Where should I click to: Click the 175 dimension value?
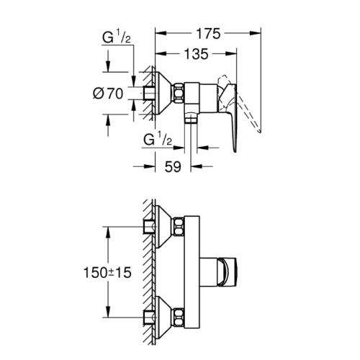coord(208,34)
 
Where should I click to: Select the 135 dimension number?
coord(197,54)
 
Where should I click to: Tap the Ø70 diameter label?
coord(108,94)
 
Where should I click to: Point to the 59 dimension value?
coord(173,166)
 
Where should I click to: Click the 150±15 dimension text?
coord(107,273)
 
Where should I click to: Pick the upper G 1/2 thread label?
coord(117,37)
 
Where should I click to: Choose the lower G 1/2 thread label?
coord(158,140)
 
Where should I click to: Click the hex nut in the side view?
coord(179,93)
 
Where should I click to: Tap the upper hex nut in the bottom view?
coord(179,226)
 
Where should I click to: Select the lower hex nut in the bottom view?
coord(179,318)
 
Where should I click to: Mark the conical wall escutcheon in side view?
coord(163,93)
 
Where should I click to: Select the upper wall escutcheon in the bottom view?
coord(163,226)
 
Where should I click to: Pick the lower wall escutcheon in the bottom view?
coord(163,318)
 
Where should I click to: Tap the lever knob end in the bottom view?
coord(228,273)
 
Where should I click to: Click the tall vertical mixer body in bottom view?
coord(192,271)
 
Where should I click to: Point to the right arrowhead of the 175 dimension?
coord(256,33)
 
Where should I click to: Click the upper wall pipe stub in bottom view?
coord(148,226)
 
